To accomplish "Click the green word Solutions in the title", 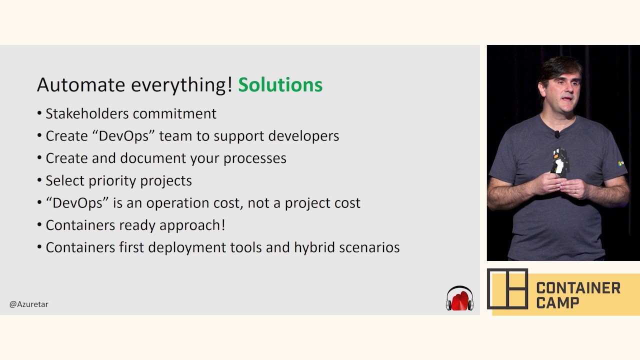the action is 280,85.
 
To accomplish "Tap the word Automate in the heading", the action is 81,85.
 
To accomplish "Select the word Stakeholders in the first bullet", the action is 87,113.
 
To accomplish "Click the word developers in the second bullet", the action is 303,136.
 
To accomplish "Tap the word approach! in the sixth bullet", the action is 192,225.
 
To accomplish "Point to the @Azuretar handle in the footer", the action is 29,304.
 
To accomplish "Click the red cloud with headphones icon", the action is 459,298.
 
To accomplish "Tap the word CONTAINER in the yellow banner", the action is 578,288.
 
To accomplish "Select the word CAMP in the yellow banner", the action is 557,303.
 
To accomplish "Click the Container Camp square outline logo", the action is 507,289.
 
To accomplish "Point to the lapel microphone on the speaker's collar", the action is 557,134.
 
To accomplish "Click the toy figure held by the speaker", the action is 559,161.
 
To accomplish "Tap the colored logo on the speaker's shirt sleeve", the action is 620,163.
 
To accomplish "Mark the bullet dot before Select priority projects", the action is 39,180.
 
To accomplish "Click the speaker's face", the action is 561,91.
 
